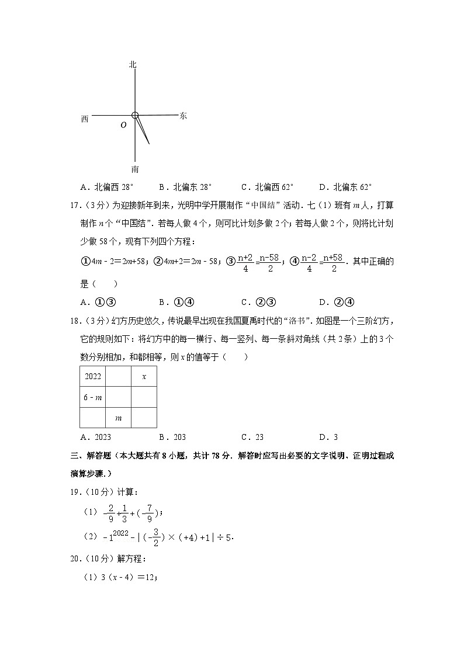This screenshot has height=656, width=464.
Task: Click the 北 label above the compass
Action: (133, 65)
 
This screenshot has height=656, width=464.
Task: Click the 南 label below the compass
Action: (135, 169)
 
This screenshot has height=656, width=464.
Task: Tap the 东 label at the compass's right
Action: (183, 116)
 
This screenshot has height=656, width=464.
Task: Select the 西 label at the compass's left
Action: (85, 119)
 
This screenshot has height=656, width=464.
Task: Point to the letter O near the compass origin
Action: (123, 125)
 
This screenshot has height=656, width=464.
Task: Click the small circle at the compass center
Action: (135, 116)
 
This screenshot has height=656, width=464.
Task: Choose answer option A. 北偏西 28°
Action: (108, 188)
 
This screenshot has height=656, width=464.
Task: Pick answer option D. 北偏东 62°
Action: (345, 188)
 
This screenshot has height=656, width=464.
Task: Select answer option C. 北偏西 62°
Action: (267, 188)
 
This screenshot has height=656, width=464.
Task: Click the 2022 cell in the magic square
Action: (92, 377)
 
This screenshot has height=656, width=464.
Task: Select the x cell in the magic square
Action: (144, 377)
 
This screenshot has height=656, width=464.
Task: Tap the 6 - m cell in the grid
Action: (92, 397)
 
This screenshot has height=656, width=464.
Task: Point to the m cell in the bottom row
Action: (118, 418)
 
